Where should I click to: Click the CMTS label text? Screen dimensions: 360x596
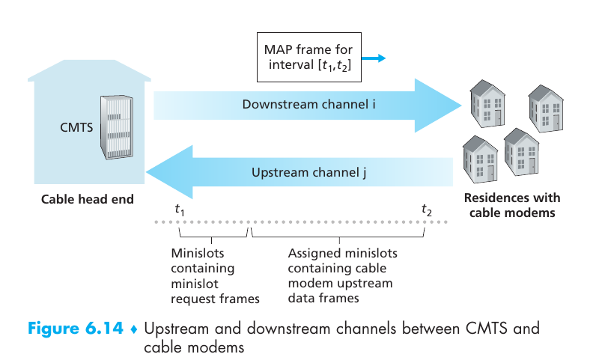click(76, 127)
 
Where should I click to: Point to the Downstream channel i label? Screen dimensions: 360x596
click(308, 104)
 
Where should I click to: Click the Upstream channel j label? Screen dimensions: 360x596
click(308, 173)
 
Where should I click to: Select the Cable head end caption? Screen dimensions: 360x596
click(88, 199)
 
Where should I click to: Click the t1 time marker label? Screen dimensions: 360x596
click(180, 210)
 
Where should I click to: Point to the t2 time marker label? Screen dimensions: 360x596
click(427, 210)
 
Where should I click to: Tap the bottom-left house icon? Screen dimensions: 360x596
click(479, 157)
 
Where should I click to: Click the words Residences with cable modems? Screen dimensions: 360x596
click(511, 205)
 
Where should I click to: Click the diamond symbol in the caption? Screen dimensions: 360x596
click(133, 329)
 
